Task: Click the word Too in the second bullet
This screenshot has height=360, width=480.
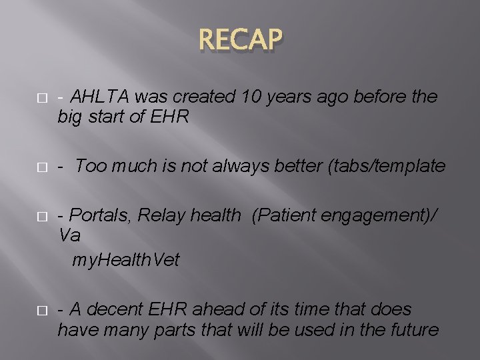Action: coord(90,167)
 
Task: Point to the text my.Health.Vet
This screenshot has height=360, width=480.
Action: coord(126,259)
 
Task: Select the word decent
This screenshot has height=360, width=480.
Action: coord(114,309)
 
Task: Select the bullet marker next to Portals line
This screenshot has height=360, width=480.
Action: coord(41,216)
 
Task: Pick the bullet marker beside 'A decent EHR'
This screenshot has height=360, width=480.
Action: coord(41,310)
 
